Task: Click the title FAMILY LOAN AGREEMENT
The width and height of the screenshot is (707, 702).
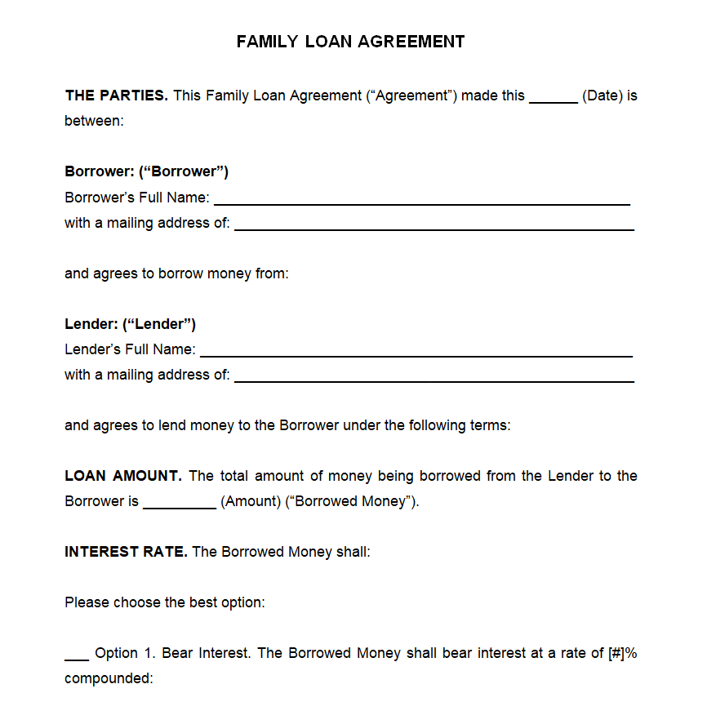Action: pyautogui.click(x=350, y=42)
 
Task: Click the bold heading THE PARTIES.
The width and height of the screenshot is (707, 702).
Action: pyautogui.click(x=116, y=96)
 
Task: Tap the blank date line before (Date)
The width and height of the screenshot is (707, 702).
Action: pyautogui.click(x=553, y=100)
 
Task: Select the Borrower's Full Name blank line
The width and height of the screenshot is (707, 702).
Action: pyautogui.click(x=421, y=202)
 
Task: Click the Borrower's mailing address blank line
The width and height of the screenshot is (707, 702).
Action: pyautogui.click(x=434, y=229)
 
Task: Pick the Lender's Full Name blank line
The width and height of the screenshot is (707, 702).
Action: pyautogui.click(x=416, y=355)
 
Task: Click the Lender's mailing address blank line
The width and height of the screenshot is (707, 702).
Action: pyautogui.click(x=434, y=380)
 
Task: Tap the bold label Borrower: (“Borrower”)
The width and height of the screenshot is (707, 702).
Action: pyautogui.click(x=146, y=171)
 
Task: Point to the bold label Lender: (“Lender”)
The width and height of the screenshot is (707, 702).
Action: pyautogui.click(x=130, y=324)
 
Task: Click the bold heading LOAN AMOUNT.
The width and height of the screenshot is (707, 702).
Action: pyautogui.click(x=123, y=476)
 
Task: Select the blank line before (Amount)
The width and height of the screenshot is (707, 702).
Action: pyautogui.click(x=179, y=507)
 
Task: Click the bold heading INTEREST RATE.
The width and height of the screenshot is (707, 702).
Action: pyautogui.click(x=126, y=552)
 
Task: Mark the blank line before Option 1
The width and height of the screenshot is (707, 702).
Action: pyautogui.click(x=77, y=658)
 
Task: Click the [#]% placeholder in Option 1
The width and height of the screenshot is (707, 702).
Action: pyautogui.click(x=622, y=653)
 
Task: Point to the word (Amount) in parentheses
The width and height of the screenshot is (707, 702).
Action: pyautogui.click(x=250, y=501)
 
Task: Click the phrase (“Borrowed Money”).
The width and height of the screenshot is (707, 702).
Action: pyautogui.click(x=352, y=501)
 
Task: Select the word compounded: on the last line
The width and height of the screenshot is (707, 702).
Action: pyautogui.click(x=109, y=678)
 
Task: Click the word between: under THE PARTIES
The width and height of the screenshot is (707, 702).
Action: pyautogui.click(x=94, y=121)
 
